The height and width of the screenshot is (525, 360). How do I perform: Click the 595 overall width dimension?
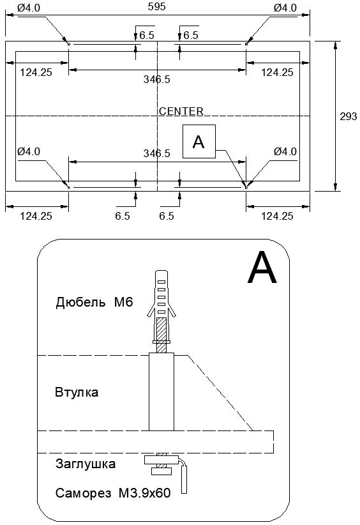(x=156, y=6)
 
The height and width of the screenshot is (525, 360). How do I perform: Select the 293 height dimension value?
(x=349, y=116)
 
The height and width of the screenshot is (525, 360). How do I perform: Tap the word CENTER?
(x=181, y=111)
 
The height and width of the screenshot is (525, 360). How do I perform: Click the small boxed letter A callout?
(x=199, y=141)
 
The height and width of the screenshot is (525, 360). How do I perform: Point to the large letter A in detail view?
(x=262, y=268)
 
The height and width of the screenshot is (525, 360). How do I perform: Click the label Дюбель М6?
(x=94, y=302)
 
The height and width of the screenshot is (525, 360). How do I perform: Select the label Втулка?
(x=77, y=392)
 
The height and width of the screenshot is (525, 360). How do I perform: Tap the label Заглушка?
(x=86, y=464)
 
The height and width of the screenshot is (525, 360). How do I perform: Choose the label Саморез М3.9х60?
(x=113, y=493)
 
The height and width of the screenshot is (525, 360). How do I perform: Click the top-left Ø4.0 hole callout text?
(x=29, y=8)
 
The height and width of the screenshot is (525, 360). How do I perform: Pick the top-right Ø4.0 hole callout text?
(x=285, y=8)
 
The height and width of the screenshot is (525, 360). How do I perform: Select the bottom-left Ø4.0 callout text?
(x=29, y=151)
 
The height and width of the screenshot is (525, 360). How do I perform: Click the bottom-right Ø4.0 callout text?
(x=285, y=151)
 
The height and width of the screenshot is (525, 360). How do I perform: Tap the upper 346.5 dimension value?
(x=157, y=79)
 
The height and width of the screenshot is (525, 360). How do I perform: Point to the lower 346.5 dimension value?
(x=157, y=153)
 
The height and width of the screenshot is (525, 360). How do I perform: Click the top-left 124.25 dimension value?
(x=36, y=72)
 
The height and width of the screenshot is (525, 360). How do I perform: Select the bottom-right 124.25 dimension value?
(x=277, y=216)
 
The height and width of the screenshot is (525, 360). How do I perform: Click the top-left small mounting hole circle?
(x=68, y=44)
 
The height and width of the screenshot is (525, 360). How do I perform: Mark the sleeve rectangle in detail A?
(x=161, y=392)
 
